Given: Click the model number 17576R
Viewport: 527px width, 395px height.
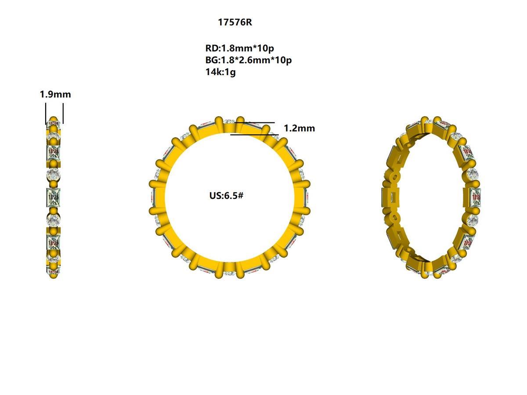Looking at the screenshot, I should [235, 22].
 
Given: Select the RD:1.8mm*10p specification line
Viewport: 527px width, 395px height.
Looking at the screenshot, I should [239, 48].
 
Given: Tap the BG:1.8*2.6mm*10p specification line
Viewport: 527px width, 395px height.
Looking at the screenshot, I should [248, 60].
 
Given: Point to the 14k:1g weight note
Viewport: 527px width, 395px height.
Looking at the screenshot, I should [220, 72].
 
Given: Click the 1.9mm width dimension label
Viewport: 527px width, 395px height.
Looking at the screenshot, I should [55, 94].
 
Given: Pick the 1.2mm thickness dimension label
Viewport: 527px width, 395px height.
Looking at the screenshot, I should [299, 128].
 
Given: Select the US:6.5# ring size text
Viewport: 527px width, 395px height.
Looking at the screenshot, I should [227, 195].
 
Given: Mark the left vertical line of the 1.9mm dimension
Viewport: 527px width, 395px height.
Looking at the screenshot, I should [46, 113].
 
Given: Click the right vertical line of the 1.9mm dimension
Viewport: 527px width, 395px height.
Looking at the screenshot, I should [63, 113].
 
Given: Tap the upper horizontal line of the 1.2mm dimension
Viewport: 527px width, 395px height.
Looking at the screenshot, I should [259, 123].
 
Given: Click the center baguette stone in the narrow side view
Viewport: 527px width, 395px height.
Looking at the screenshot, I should [54, 197].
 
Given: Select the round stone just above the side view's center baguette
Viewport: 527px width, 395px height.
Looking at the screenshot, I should [54, 175].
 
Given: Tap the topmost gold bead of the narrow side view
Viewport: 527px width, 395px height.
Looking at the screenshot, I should [54, 120].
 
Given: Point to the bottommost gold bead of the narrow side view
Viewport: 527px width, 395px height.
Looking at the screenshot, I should [54, 275].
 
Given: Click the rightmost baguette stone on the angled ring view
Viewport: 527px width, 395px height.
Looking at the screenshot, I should [476, 197].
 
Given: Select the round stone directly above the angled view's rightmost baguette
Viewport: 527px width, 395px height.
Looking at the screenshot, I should [473, 174].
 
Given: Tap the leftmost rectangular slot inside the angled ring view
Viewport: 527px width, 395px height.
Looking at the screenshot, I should [389, 196].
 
